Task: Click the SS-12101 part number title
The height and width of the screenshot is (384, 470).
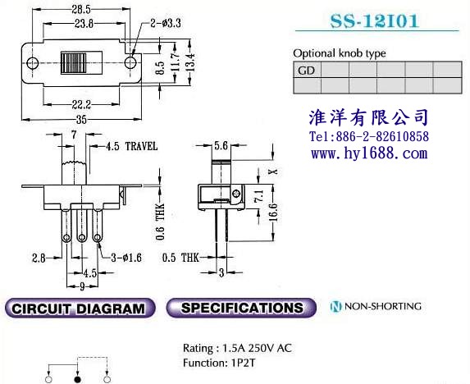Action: [x=374, y=21]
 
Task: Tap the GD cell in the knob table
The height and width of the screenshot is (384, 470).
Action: [x=307, y=70]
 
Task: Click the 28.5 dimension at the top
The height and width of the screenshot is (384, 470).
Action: [x=81, y=10]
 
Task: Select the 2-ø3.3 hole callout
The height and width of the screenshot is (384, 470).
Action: [x=166, y=23]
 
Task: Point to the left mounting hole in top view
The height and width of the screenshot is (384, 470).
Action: [x=32, y=63]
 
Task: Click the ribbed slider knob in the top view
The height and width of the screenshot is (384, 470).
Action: [x=74, y=63]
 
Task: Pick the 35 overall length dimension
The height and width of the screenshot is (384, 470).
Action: [x=81, y=120]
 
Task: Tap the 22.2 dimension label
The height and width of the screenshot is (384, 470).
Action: [x=81, y=104]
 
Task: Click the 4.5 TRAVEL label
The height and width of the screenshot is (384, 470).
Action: [x=132, y=146]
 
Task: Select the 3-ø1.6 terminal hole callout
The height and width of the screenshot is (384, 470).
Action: [x=126, y=258]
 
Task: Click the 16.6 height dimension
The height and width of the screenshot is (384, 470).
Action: [x=273, y=213]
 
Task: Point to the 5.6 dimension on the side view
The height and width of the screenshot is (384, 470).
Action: [x=221, y=146]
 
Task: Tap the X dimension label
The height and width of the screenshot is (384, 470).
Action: [x=273, y=171]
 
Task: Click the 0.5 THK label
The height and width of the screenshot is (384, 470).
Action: [x=180, y=258]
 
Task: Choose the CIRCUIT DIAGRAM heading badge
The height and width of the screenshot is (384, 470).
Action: [x=80, y=309]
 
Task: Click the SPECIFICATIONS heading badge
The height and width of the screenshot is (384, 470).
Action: [x=241, y=308]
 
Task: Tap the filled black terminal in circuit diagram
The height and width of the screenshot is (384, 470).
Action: [x=78, y=380]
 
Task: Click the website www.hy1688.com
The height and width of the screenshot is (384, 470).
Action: [x=369, y=153]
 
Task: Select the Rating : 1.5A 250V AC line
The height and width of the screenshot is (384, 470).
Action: [x=237, y=348]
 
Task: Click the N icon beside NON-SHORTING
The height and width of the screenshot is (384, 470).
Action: [x=335, y=306]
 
